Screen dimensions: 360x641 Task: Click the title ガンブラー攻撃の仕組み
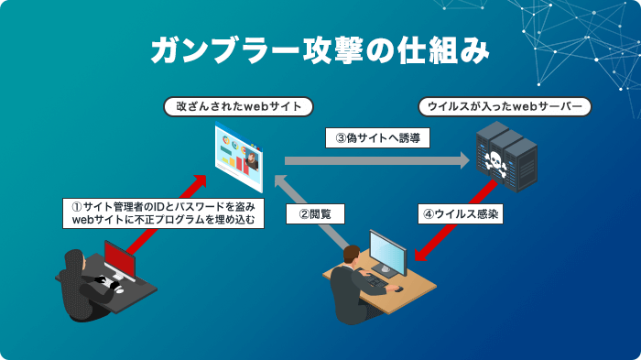pyautogui.click(x=320, y=51)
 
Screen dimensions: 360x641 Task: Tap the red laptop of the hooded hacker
pyautogui.click(x=119, y=261)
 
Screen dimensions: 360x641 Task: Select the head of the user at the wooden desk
pyautogui.click(x=352, y=256)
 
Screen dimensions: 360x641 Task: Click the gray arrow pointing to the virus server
pyautogui.click(x=375, y=160)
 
